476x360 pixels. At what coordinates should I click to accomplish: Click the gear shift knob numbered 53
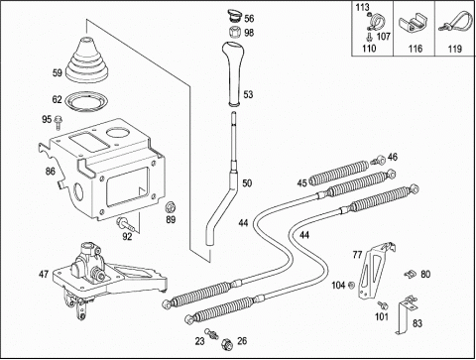(234, 73)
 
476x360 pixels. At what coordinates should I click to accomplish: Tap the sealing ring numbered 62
(87, 101)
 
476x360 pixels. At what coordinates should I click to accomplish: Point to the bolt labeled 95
(59, 122)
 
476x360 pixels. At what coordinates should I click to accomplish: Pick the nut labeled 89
(171, 207)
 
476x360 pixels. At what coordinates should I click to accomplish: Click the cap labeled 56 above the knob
(234, 16)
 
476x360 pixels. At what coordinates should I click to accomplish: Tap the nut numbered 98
(234, 32)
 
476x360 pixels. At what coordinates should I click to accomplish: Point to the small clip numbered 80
(411, 274)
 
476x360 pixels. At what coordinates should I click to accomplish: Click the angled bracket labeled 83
(406, 314)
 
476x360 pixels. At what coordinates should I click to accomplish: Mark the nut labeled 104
(351, 285)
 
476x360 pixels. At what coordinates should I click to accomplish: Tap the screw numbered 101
(383, 305)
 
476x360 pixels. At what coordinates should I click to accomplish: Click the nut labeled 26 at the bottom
(227, 344)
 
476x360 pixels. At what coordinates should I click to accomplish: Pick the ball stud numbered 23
(211, 333)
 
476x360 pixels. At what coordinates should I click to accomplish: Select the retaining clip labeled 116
(413, 24)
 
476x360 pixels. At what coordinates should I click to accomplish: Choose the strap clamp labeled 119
(455, 22)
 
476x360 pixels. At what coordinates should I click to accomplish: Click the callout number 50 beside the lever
(247, 182)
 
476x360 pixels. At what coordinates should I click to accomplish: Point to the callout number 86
(51, 172)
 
